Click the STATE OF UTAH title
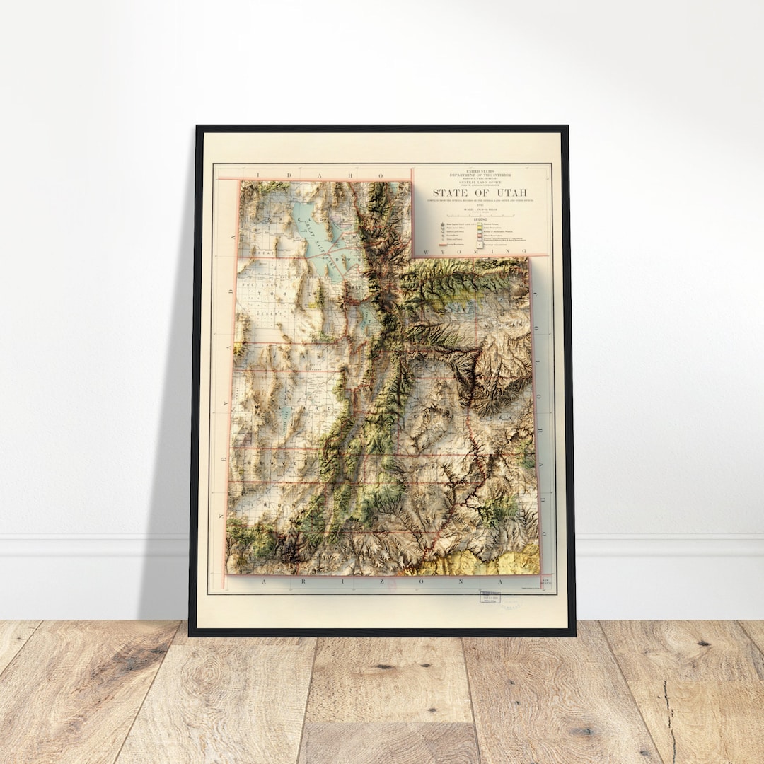click(x=480, y=192)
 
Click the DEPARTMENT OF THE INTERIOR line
click(x=480, y=174)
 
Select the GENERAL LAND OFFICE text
click(x=480, y=182)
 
